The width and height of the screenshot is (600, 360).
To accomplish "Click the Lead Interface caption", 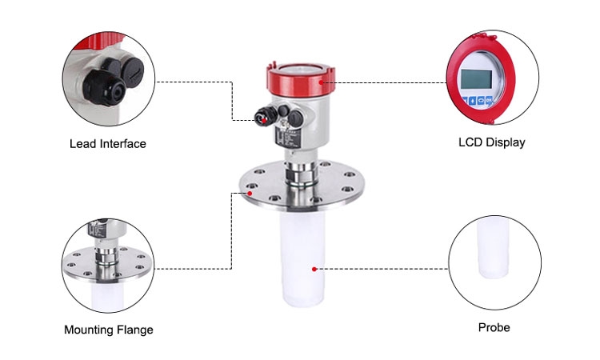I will pos(108,144).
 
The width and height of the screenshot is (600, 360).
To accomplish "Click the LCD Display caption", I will pos(491,143).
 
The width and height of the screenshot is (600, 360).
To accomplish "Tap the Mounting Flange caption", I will pos(108,330).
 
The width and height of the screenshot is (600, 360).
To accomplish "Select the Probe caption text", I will pos(494,327).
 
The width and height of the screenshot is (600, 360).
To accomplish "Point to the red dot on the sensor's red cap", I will pos(322,81).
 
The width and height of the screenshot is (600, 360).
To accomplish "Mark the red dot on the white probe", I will pos(314,269).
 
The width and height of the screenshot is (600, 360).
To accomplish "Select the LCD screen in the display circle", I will pos(478,80).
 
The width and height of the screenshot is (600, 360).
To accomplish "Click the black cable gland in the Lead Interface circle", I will pos(108,80).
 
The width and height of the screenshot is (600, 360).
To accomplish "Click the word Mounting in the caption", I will pos(87,330).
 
